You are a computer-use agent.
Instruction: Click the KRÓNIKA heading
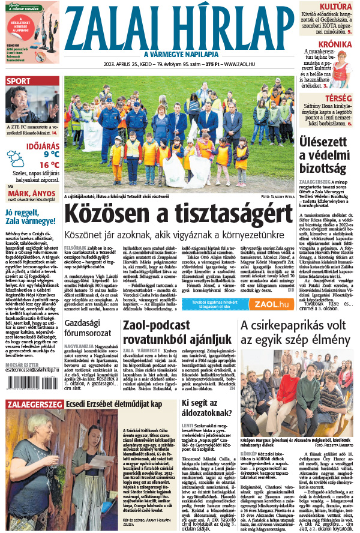coord(335,44)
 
